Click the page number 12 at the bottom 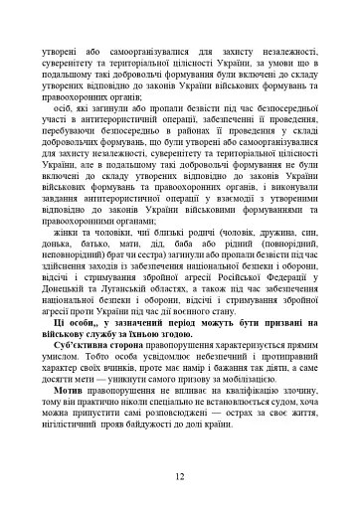[179, 477]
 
